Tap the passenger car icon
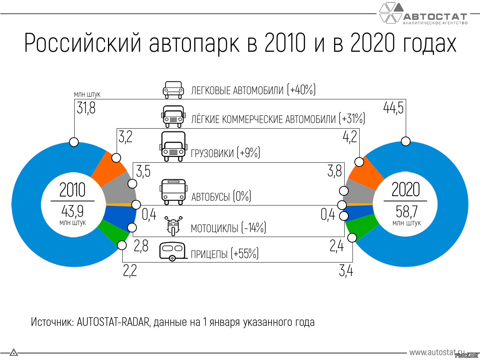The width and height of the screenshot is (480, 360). (x=173, y=90)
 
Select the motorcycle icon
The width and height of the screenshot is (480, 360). (x=173, y=226)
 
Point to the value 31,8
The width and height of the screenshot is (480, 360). (x=86, y=108)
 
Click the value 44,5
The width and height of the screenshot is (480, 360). (x=393, y=108)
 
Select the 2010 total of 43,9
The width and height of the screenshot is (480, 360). (x=72, y=211)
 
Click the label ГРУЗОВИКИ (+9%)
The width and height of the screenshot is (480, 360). (x=225, y=153)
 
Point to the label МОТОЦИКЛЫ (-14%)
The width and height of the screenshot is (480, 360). (x=228, y=228)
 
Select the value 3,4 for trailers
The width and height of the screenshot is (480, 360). (x=346, y=270)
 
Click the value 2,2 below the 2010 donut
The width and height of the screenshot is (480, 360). (x=130, y=270)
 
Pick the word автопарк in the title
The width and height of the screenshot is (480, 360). (x=194, y=43)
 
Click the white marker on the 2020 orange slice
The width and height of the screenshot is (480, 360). (x=359, y=162)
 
